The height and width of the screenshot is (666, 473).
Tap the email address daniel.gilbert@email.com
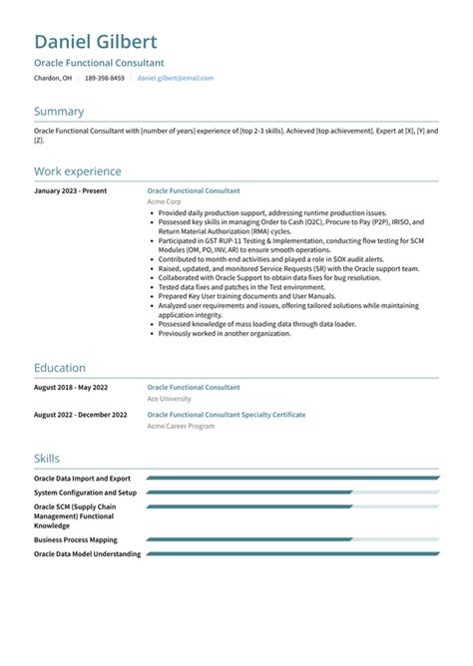click(x=175, y=77)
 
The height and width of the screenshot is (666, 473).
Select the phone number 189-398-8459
click(x=105, y=77)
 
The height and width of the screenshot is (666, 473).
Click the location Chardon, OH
click(x=52, y=77)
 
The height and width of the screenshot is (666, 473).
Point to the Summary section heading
click(x=59, y=112)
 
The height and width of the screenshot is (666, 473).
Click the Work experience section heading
click(x=78, y=171)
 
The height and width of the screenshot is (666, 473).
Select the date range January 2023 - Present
click(x=70, y=190)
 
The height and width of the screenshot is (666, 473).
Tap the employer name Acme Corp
click(x=164, y=201)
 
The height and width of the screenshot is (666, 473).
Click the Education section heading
click(x=60, y=368)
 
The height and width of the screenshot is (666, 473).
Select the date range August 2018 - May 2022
click(x=72, y=387)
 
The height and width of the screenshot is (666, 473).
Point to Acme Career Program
click(x=180, y=425)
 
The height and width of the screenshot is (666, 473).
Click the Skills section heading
click(x=47, y=459)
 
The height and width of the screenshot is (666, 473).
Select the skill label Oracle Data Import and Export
click(x=82, y=479)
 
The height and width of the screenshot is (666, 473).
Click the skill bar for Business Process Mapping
click(x=292, y=539)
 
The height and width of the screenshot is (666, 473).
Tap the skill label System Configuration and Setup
click(x=85, y=492)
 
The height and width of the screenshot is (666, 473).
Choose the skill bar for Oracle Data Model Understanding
click(x=292, y=553)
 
